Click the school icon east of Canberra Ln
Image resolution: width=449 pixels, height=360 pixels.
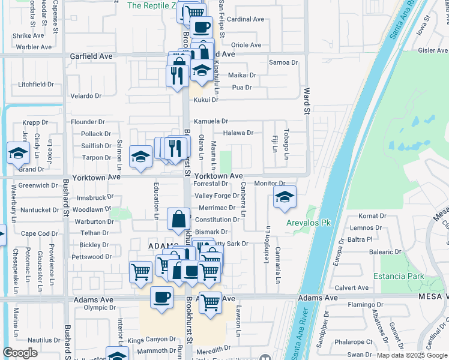[285, 197]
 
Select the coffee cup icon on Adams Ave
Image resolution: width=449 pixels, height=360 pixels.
[161, 298]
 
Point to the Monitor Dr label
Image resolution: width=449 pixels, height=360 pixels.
[270, 183]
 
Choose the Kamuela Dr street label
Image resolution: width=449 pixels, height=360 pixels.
[211, 121]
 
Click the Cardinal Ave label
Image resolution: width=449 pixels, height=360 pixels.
[246, 19]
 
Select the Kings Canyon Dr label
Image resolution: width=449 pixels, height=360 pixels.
[152, 340]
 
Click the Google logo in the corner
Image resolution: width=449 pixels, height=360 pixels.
[20, 353]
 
